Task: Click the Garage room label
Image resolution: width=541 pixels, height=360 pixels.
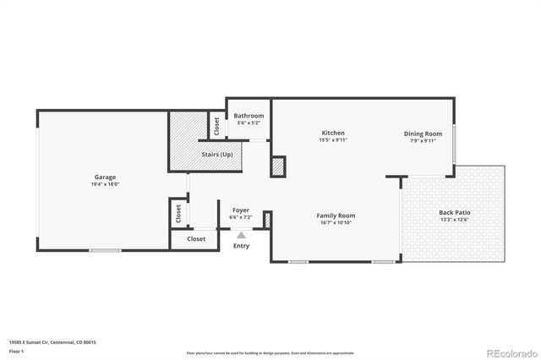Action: [105, 177]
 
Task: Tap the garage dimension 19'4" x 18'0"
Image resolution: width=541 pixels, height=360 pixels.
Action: [105, 184]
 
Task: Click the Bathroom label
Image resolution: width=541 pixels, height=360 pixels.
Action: [249, 116]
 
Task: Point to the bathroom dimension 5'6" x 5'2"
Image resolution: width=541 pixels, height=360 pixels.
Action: [249, 123]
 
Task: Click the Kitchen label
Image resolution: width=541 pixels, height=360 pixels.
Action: [333, 133]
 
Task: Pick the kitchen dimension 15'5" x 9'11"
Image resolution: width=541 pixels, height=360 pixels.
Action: [333, 140]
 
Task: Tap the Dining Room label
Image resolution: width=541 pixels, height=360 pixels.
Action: [423, 134]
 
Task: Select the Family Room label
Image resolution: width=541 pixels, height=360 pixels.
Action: [336, 215]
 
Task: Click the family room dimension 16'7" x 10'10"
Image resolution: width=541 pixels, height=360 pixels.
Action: [336, 223]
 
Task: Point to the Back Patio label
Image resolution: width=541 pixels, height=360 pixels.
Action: [455, 212]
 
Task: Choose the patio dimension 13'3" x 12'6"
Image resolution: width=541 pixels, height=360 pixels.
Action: [455, 220]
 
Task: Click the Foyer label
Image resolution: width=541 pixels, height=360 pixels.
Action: [241, 210]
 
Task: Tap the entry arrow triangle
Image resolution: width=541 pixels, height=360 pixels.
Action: [241, 236]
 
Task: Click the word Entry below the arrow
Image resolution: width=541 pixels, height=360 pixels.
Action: [241, 246]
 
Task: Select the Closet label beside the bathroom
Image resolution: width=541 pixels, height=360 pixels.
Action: [216, 126]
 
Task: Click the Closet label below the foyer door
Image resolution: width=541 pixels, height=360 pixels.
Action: [196, 239]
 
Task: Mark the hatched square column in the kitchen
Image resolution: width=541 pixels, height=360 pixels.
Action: [278, 166]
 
